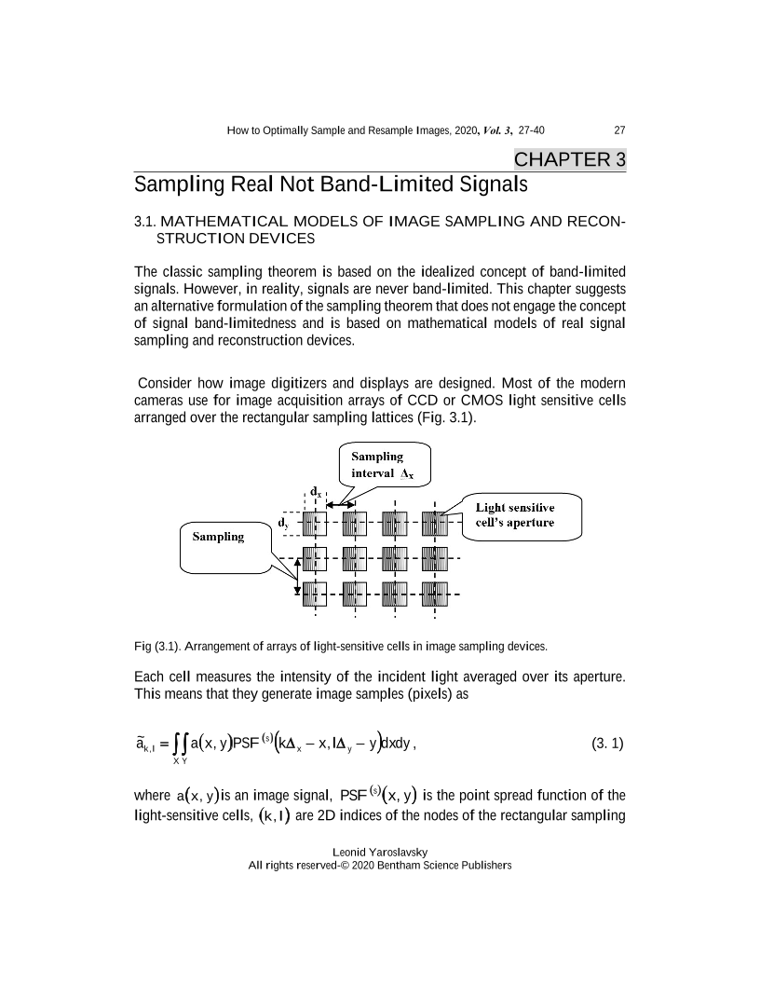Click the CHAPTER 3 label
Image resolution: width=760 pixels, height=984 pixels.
click(570, 159)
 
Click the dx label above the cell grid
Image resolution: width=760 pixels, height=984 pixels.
click(317, 489)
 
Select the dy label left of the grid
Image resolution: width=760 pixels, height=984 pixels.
click(282, 524)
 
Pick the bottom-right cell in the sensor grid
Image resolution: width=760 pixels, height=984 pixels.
click(435, 592)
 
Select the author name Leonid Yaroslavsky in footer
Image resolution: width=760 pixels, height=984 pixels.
click(379, 852)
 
